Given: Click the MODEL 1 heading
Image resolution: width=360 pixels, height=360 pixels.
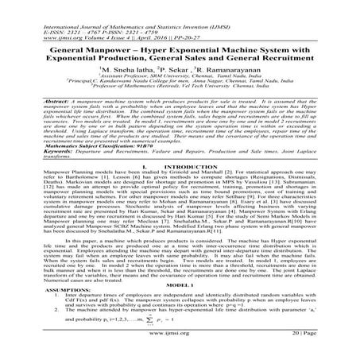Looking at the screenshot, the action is coord(180,286).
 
